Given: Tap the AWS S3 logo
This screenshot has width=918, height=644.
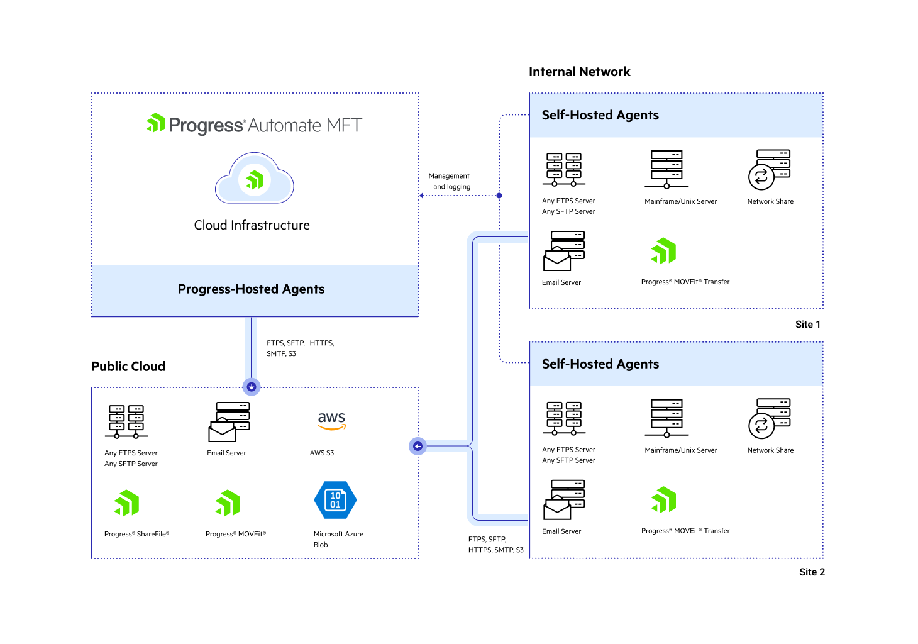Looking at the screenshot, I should click(331, 421).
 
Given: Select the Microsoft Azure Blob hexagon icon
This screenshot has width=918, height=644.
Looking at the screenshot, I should click(335, 500).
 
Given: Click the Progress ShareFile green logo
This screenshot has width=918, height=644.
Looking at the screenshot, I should click(126, 503).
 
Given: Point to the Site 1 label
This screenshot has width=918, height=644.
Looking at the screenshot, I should click(807, 325).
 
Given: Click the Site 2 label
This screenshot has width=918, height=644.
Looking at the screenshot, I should click(812, 572).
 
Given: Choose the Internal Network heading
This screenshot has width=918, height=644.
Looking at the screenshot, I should click(579, 72).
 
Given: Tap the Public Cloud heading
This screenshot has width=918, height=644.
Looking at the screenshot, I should click(128, 367).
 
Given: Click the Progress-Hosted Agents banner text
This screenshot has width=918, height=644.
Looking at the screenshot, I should click(252, 289).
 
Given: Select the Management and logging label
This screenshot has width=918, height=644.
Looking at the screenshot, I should click(450, 181).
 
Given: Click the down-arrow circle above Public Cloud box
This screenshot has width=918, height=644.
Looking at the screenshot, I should click(252, 387).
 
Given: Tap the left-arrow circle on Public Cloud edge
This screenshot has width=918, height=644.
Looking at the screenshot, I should click(418, 447).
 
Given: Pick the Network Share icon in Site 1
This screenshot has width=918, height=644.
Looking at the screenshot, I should click(769, 169).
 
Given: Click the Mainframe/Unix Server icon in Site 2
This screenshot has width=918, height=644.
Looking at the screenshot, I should click(666, 418).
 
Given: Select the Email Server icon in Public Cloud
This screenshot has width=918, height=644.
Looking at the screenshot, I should click(229, 421).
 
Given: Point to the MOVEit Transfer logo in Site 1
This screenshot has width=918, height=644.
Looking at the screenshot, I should click(664, 251).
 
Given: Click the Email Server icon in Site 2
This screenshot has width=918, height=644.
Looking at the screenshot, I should click(564, 499).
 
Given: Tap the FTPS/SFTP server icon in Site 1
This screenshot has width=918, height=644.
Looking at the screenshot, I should click(564, 169).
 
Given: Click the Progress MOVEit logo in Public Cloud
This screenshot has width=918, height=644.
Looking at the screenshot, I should click(228, 503).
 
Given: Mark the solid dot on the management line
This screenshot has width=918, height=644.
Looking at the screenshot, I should click(499, 196).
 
